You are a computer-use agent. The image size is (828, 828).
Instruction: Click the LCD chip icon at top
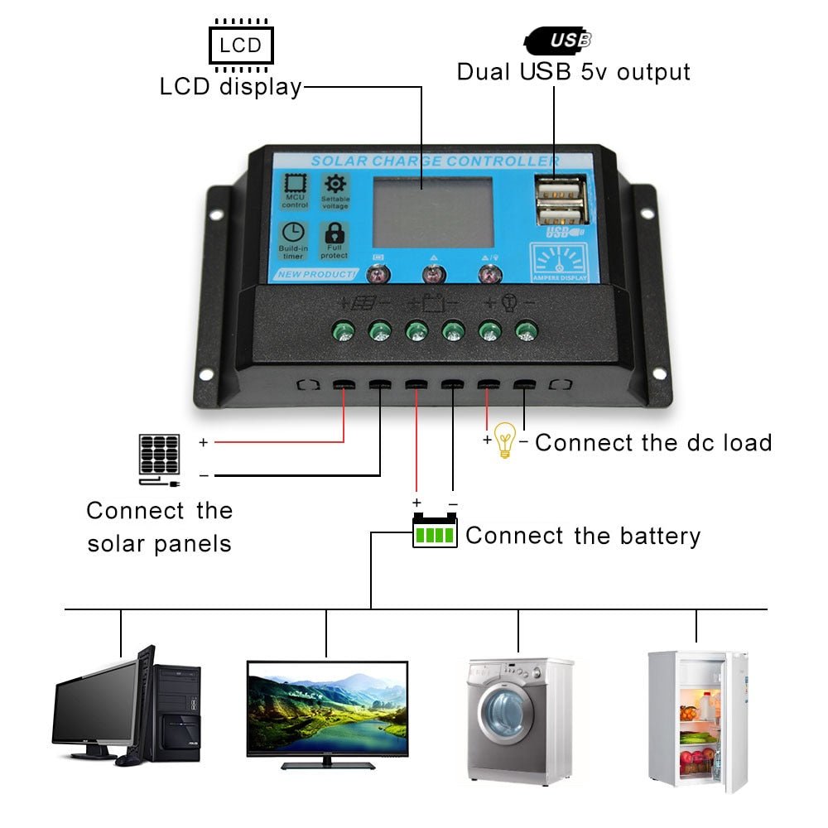[x=241, y=43]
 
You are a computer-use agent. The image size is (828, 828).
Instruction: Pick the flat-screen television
[x=328, y=708]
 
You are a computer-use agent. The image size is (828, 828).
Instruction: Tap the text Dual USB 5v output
[x=573, y=71]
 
